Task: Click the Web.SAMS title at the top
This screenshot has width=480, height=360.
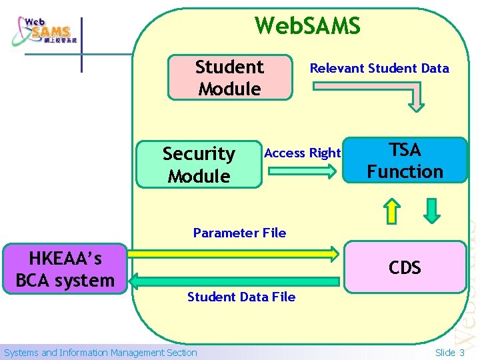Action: [x=307, y=26]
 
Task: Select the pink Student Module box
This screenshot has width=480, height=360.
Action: [x=229, y=77]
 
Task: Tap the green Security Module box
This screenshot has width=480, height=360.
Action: [x=199, y=165]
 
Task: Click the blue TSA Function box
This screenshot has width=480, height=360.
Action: [x=405, y=161]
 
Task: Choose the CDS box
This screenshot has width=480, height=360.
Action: [x=405, y=267]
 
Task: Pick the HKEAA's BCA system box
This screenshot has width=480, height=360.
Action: [x=65, y=269]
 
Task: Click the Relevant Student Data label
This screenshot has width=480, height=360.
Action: [x=379, y=68]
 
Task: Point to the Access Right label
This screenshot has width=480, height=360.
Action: [x=303, y=153]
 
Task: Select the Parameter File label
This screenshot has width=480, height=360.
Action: [x=239, y=233]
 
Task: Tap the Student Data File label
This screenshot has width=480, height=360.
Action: [x=241, y=297]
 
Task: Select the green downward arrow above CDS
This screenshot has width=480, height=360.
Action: [x=432, y=210]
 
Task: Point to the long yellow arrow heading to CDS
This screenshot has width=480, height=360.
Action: [x=233, y=253]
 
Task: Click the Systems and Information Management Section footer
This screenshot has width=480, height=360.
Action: [x=101, y=353]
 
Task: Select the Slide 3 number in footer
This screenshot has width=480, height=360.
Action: [x=450, y=353]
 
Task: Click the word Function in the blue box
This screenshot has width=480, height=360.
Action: [x=405, y=171]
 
